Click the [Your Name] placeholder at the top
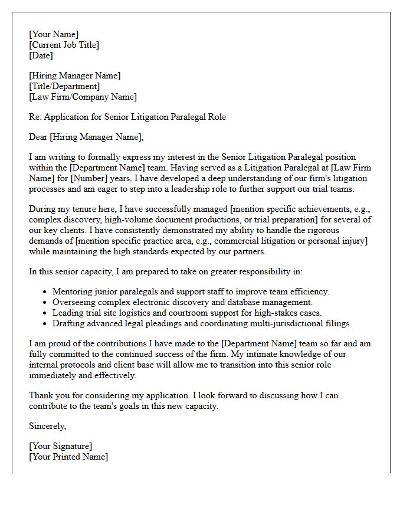pos(54,34)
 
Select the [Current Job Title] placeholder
pos(64,45)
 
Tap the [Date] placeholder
pos(41,55)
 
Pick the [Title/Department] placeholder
pos(64,86)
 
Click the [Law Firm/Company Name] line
pos(83,97)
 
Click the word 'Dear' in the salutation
pos(38,137)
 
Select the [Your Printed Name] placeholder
pos(68,457)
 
